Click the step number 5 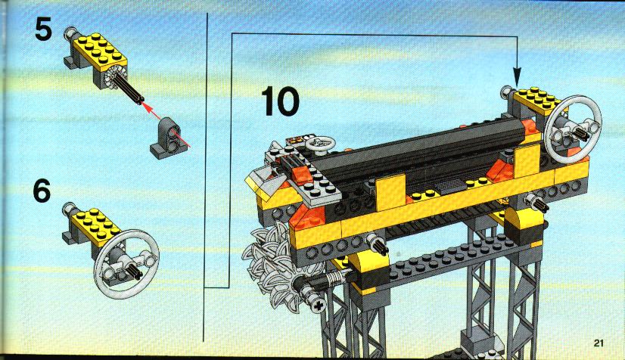pyautogui.click(x=43, y=29)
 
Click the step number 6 pyautogui.click(x=42, y=191)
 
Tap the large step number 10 pyautogui.click(x=280, y=102)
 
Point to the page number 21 pyautogui.click(x=599, y=343)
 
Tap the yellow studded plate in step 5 pyautogui.click(x=100, y=52)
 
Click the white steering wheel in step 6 pyautogui.click(x=127, y=264)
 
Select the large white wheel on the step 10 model pyautogui.click(x=573, y=129)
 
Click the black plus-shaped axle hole pyautogui.click(x=319, y=306)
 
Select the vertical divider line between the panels pyautogui.click(x=207, y=177)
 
